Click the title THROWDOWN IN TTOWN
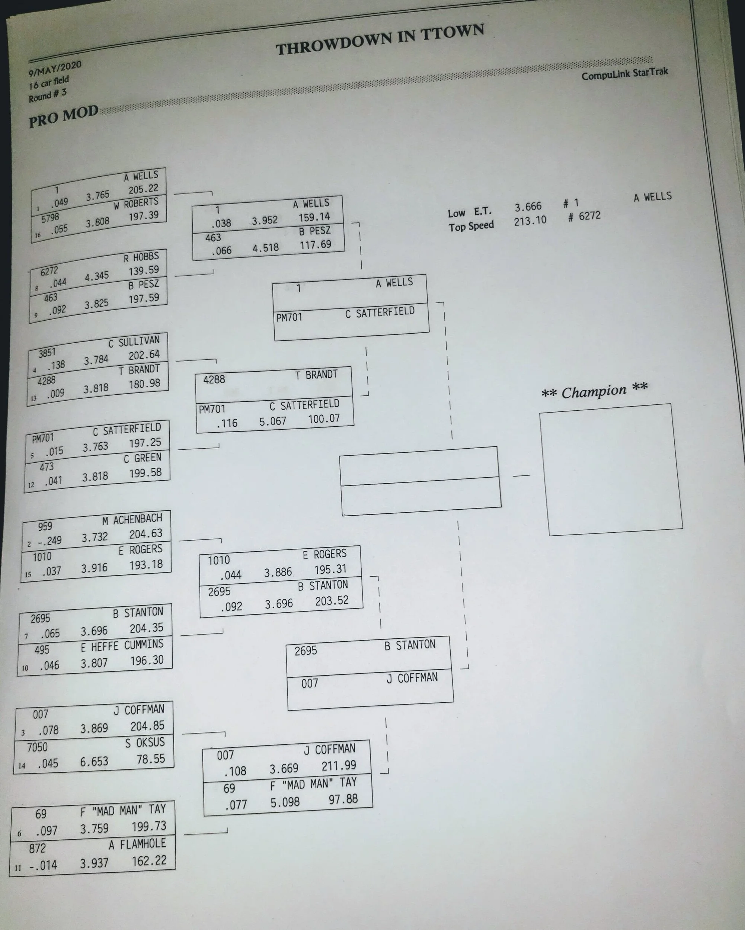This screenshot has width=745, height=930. click(x=380, y=40)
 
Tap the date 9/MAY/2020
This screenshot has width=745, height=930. click(x=55, y=68)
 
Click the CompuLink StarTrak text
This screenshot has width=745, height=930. click(x=624, y=74)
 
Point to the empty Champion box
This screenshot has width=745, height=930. click(x=610, y=469)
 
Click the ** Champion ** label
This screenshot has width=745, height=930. click(x=594, y=391)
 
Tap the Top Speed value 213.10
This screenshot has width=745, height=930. click(x=530, y=221)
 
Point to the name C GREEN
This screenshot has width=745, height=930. click(x=143, y=458)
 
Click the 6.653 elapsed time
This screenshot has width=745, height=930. click(x=94, y=761)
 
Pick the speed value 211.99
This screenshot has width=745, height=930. click(x=339, y=766)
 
